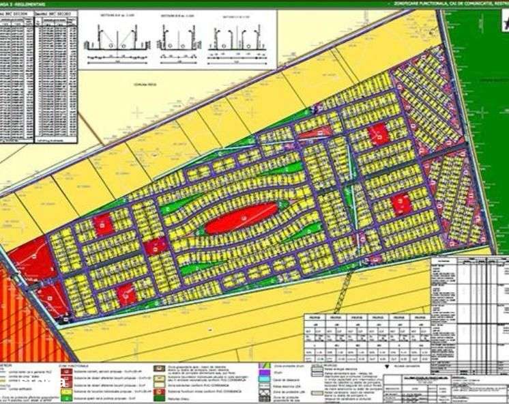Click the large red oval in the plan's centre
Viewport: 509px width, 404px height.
pyautogui.click(x=239, y=218)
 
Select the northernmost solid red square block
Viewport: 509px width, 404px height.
pyautogui.click(x=378, y=134)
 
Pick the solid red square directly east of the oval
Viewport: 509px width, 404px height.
pyautogui.click(x=401, y=203)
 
